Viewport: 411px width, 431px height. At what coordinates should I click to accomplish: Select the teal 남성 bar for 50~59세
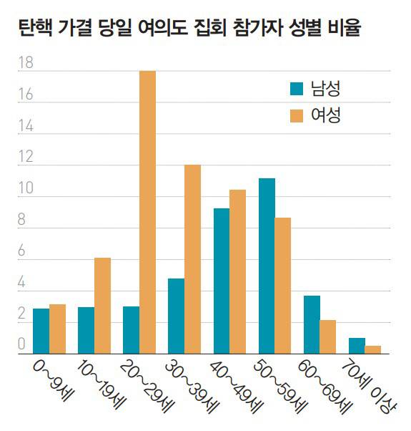(x=267, y=266)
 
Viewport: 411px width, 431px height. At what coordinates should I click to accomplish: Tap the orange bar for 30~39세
(x=192, y=259)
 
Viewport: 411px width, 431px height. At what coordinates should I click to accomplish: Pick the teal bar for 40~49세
(x=222, y=281)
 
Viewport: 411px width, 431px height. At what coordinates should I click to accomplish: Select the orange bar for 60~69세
(x=327, y=336)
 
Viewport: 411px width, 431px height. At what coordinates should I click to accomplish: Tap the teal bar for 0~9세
(x=41, y=331)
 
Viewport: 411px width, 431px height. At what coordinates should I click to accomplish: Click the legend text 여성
(x=325, y=115)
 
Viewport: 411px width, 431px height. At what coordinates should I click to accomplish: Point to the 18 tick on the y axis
(x=26, y=64)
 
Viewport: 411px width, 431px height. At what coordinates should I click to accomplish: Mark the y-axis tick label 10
(x=26, y=189)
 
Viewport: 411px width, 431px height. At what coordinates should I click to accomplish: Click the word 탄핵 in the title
(x=32, y=29)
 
